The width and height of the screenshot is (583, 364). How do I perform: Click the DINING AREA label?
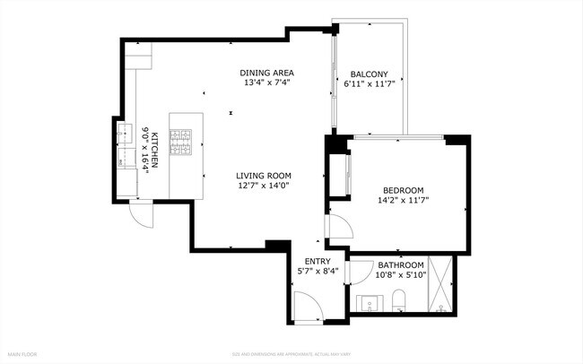pyautogui.click(x=266, y=73)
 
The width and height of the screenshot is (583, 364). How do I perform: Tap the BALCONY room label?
pyautogui.click(x=369, y=74)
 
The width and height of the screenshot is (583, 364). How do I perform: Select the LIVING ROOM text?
pyautogui.click(x=264, y=176)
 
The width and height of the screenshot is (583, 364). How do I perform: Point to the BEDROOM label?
pyautogui.click(x=404, y=190)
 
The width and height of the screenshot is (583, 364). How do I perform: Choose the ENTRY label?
pyautogui.click(x=318, y=261)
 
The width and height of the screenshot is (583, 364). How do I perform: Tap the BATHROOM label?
pyautogui.click(x=400, y=265)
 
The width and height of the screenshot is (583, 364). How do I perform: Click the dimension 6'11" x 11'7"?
pyautogui.click(x=369, y=84)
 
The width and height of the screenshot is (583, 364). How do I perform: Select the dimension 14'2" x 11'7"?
pyautogui.click(x=404, y=201)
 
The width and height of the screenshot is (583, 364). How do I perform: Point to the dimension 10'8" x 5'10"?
pyautogui.click(x=400, y=276)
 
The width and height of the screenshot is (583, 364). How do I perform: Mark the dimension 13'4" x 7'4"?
pyautogui.click(x=266, y=83)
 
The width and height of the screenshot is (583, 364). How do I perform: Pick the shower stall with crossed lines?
pyautogui.click(x=441, y=285)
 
